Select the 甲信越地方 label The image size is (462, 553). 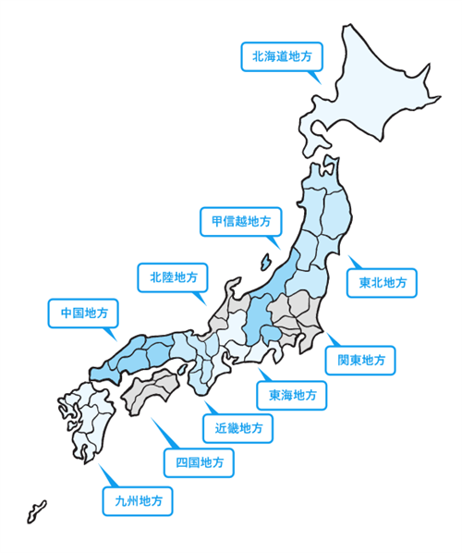(x=236, y=221)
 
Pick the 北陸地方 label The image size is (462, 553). (x=173, y=276)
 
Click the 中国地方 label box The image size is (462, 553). (x=82, y=313)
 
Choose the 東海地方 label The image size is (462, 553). (x=292, y=396)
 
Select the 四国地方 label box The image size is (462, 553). (x=199, y=461)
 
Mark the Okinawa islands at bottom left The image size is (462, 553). (x=35, y=511)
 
